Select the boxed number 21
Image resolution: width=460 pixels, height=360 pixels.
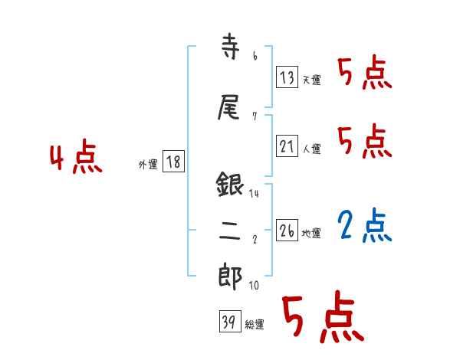[x=287, y=146]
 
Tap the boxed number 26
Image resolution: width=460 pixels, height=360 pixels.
[x=287, y=231]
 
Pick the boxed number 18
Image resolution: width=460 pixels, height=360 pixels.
[x=174, y=162]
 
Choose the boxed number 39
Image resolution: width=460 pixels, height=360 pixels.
[x=228, y=322]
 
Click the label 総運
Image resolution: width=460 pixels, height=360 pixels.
[x=254, y=325]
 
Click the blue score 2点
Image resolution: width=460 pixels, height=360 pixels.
[x=365, y=225]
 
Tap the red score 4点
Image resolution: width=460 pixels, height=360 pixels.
[x=75, y=159]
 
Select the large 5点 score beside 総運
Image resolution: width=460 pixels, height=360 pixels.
[x=321, y=320]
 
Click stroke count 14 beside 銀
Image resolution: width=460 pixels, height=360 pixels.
[x=254, y=194]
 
